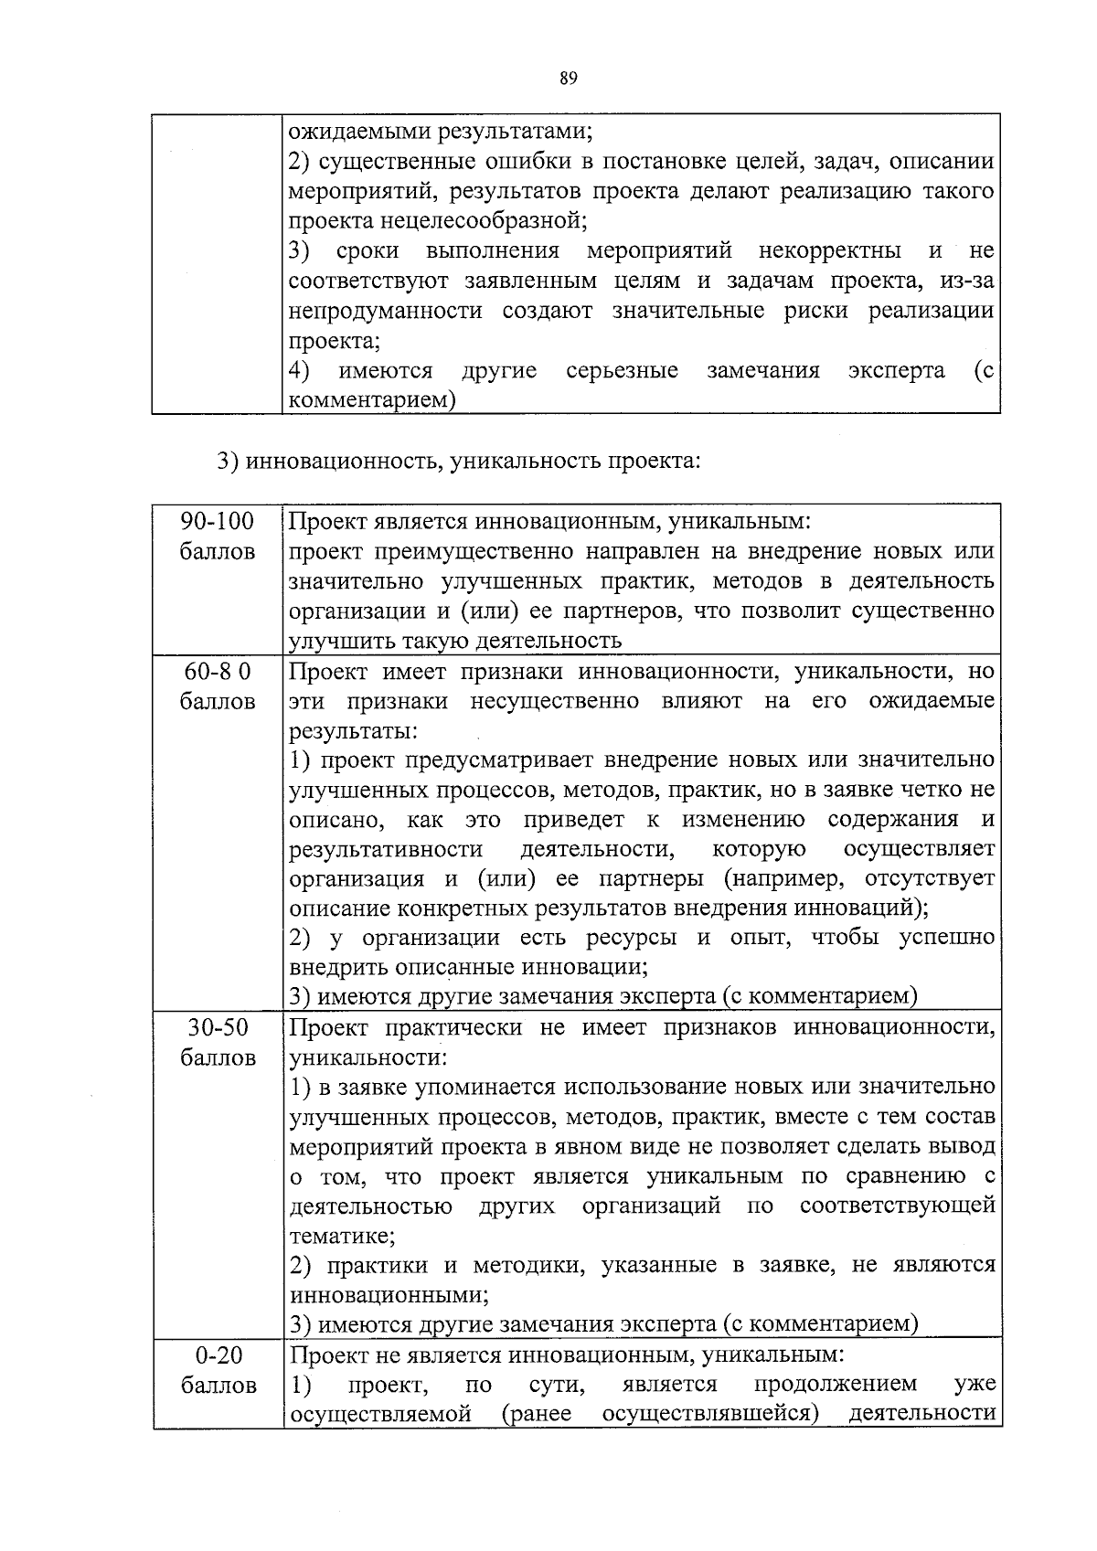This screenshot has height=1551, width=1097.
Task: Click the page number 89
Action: (x=568, y=79)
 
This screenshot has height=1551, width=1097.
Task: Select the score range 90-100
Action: (x=217, y=522)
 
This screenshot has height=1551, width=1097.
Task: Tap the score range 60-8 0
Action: (x=217, y=672)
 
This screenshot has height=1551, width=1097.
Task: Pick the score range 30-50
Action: (x=218, y=1027)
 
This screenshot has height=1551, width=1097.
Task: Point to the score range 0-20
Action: (x=218, y=1354)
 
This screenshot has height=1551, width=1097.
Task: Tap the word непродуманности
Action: (x=385, y=311)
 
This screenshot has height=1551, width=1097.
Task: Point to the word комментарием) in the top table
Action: (x=371, y=400)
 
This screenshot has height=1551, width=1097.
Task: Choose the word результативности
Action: (x=385, y=849)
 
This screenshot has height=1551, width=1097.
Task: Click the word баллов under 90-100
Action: (x=218, y=552)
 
